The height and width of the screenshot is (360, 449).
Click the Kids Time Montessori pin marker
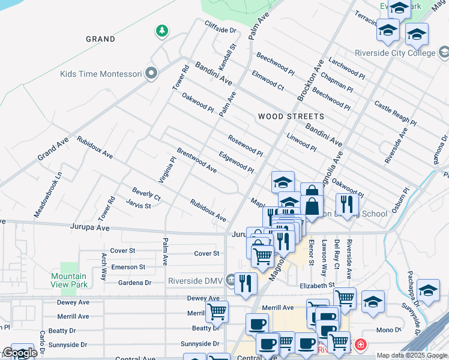pyautogui.click(x=151, y=74)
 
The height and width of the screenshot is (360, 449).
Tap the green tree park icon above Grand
pyautogui.click(x=161, y=30)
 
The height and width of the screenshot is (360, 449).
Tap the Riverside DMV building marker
pyautogui.click(x=231, y=279)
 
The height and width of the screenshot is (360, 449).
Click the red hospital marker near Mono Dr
pyautogui.click(x=360, y=344)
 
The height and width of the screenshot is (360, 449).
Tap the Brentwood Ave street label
pyautogui.click(x=196, y=160)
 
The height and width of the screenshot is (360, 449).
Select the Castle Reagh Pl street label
pyautogui.click(x=395, y=113)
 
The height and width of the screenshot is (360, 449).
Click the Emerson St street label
pyautogui.click(x=128, y=267)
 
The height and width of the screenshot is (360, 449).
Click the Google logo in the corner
pyautogui.click(x=20, y=353)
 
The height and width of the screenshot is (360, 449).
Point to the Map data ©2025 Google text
pyautogui.click(x=411, y=355)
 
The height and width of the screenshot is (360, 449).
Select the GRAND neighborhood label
pyautogui.click(x=100, y=39)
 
